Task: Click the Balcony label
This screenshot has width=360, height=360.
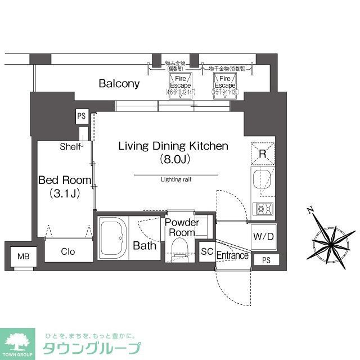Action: (119, 84)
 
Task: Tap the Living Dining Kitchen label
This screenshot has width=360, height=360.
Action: (173, 146)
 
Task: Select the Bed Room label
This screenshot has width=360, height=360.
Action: (64, 180)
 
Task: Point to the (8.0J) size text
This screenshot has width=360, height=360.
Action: (173, 159)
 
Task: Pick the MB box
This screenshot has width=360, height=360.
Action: (23, 256)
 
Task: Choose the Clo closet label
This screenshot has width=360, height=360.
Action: (67, 251)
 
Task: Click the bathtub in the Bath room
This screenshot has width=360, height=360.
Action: (115, 237)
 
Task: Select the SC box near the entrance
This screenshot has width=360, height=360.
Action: (206, 251)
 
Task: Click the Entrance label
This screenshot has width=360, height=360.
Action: (232, 256)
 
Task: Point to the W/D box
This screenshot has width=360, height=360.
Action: (263, 236)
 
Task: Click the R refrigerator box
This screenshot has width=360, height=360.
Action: (262, 152)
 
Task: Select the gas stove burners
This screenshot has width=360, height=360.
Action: (263, 209)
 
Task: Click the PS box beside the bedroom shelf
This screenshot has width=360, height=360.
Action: (82, 116)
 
